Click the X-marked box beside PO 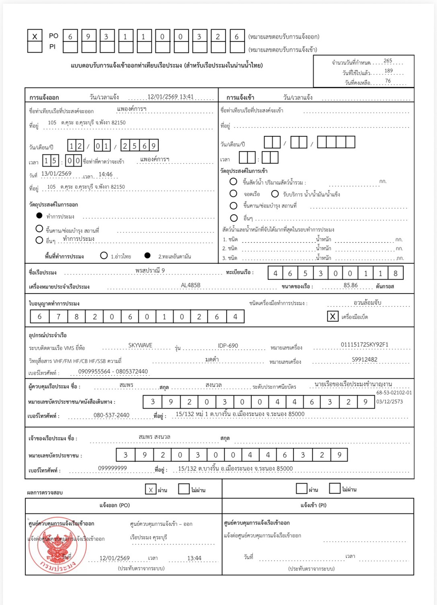[35, 36]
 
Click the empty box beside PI [35, 47]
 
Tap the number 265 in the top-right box [388, 61]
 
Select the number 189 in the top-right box [388, 71]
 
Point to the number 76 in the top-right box [388, 81]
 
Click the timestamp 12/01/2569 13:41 [170, 96]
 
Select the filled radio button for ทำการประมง [39, 215]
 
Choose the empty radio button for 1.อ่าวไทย [104, 255]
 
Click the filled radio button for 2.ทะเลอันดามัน [148, 255]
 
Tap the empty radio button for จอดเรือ [233, 193]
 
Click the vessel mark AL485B [191, 285]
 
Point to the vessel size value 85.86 [350, 285]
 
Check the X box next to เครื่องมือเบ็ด [332, 316]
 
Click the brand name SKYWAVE [140, 345]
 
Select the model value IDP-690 [228, 345]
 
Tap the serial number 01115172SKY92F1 [364, 345]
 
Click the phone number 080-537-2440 [111, 415]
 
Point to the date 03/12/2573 [389, 401]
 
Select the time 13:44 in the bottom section [194, 558]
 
